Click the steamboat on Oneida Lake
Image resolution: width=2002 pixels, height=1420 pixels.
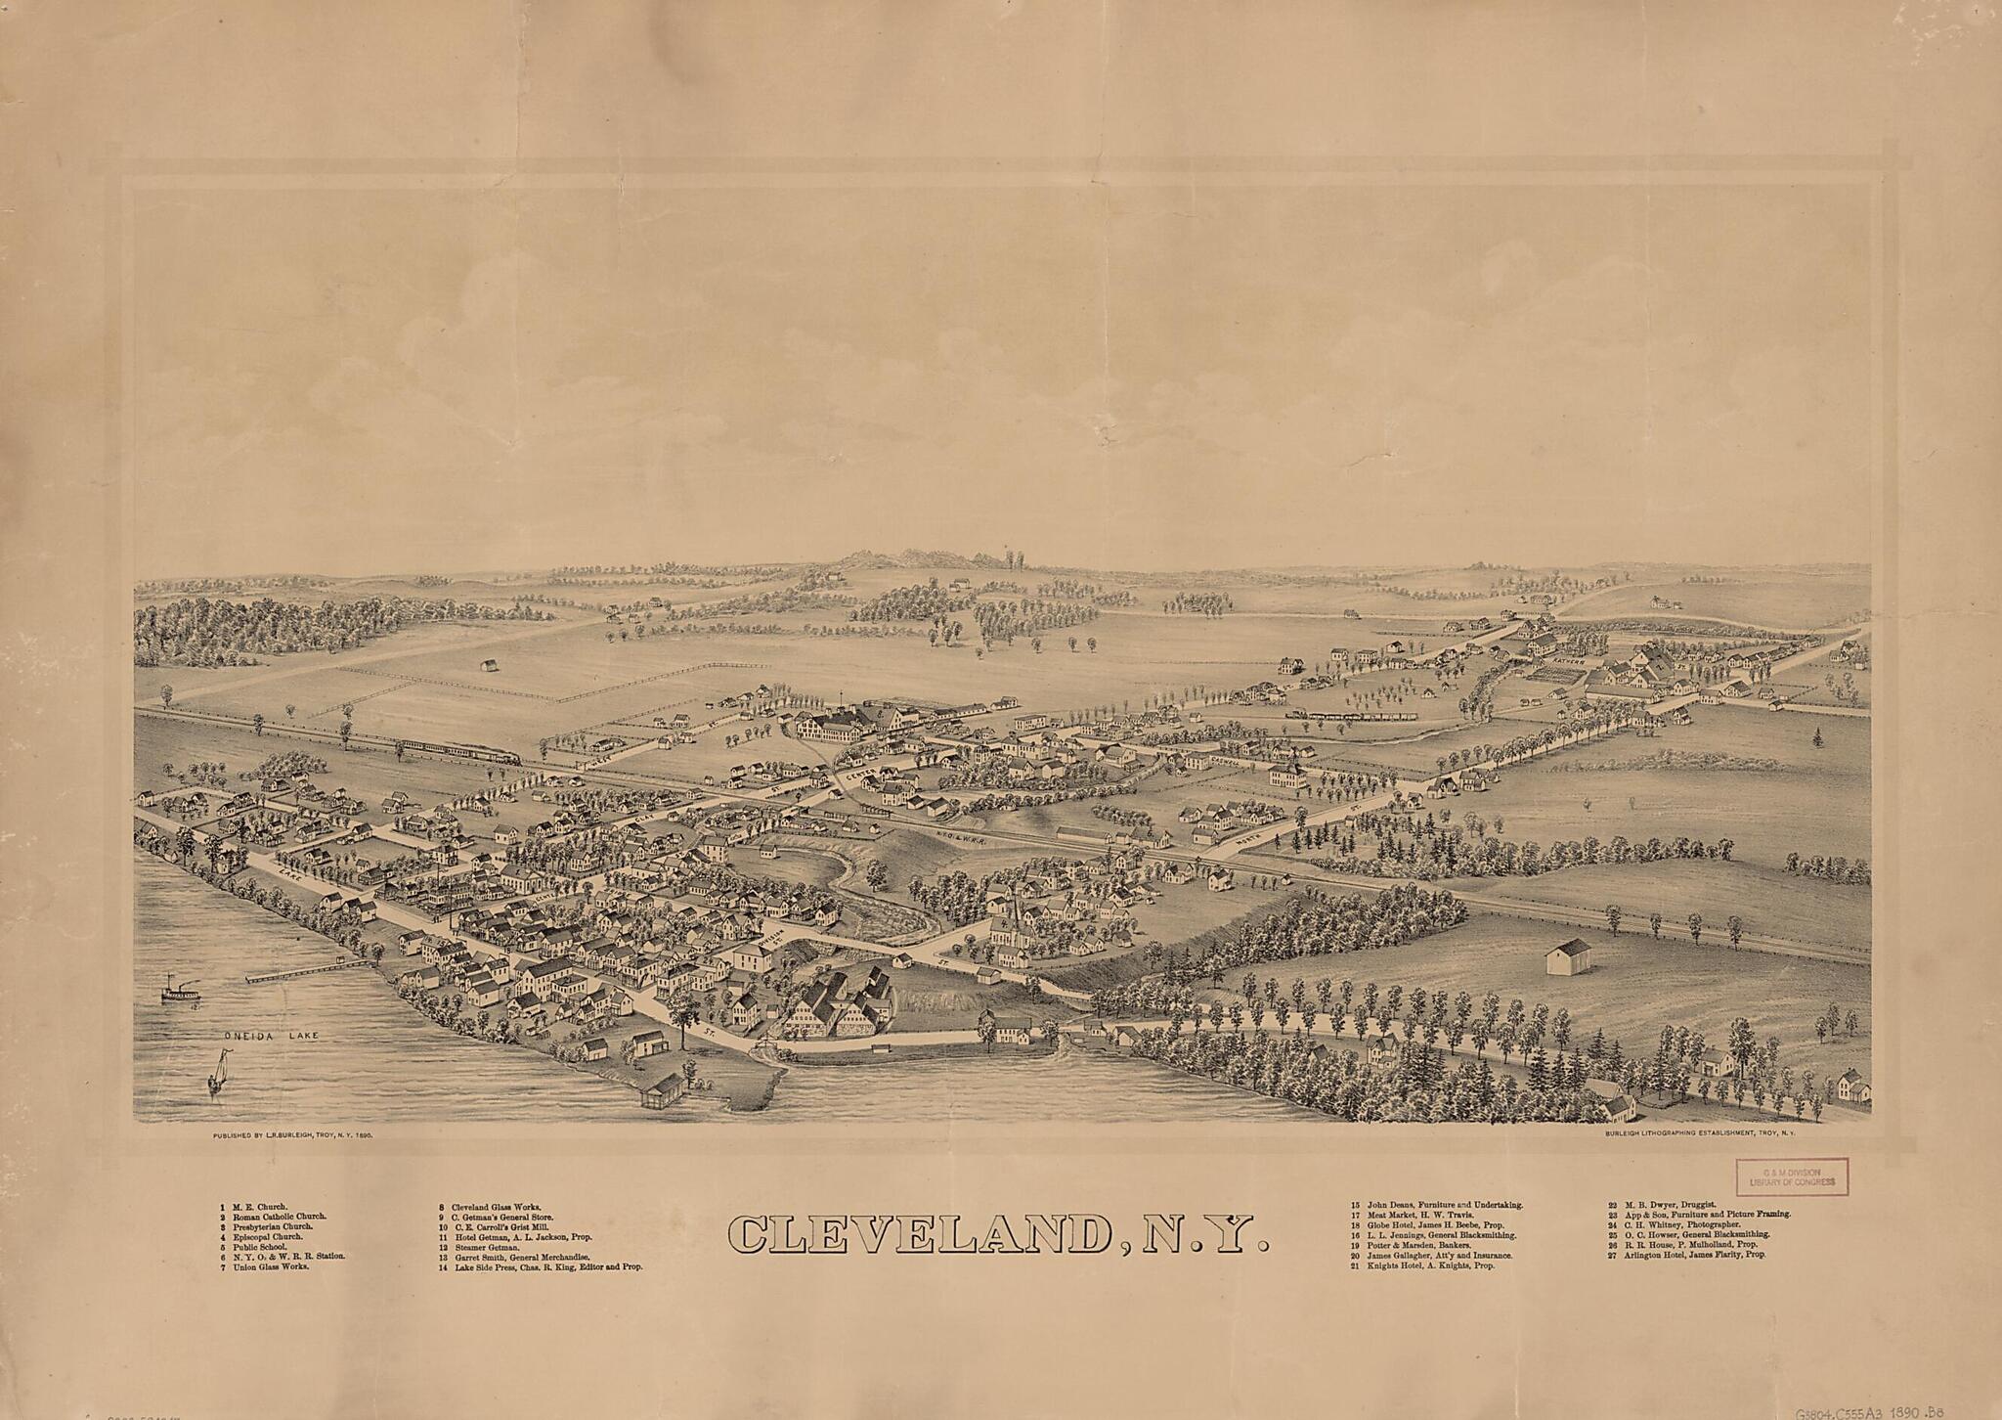click(x=180, y=990)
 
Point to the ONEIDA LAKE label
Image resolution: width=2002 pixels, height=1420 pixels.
click(x=266, y=1035)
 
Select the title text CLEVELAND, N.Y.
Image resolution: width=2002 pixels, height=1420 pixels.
click(x=998, y=1235)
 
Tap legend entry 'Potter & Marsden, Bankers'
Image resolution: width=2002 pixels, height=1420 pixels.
click(x=1409, y=1246)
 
